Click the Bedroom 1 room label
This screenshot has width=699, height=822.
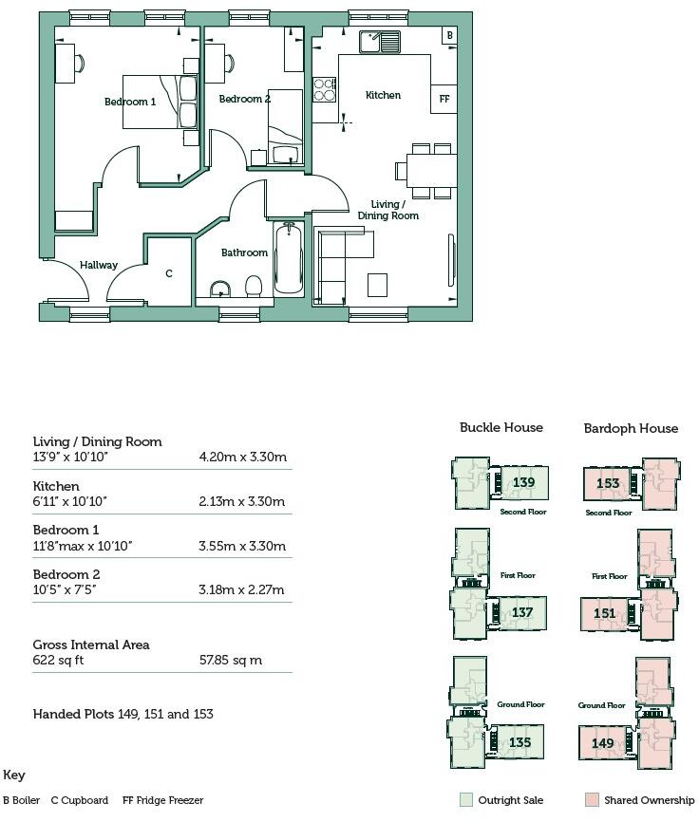tap(130, 102)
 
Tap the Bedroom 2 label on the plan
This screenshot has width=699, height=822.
tap(244, 99)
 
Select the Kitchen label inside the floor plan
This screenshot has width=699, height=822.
tap(383, 95)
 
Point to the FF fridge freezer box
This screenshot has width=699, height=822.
tap(444, 99)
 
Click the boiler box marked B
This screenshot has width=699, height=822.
tap(449, 35)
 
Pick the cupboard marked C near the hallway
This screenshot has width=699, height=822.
tap(169, 273)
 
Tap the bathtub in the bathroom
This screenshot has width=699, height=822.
tap(288, 258)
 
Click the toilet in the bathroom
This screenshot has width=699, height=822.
tap(254, 286)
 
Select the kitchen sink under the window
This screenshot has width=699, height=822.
tap(380, 41)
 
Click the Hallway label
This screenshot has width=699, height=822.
tap(99, 265)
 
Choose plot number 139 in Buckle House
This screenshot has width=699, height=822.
tap(523, 482)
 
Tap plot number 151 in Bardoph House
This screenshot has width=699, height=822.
tap(605, 613)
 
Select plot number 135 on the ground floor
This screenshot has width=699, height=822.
tap(520, 742)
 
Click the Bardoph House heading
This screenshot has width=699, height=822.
tap(631, 428)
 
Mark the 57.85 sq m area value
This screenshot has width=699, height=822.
tap(231, 660)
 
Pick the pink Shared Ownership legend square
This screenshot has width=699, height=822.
tap(593, 800)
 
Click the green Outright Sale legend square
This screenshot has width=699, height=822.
tap(465, 800)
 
